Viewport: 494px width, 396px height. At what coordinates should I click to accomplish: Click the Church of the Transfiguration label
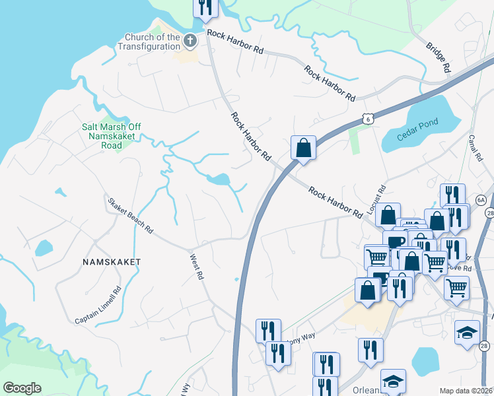(x=149, y=42)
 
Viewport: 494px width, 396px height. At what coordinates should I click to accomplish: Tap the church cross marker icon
(x=190, y=42)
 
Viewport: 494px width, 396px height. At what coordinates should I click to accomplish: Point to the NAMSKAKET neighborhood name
(x=112, y=262)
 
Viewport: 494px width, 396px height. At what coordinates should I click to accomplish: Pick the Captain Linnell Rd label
(x=98, y=305)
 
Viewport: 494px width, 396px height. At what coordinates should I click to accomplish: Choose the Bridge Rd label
(x=438, y=58)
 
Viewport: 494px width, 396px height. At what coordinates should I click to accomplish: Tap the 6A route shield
(x=481, y=200)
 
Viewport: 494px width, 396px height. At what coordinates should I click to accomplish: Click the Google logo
(x=22, y=388)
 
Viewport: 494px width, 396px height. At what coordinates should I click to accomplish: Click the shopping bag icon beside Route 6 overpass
(x=303, y=148)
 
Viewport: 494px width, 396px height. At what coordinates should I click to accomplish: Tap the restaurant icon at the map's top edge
(x=205, y=7)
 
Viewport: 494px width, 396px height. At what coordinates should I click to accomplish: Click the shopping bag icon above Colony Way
(x=367, y=290)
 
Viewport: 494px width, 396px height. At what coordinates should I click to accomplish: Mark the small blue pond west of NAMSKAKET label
(x=43, y=248)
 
